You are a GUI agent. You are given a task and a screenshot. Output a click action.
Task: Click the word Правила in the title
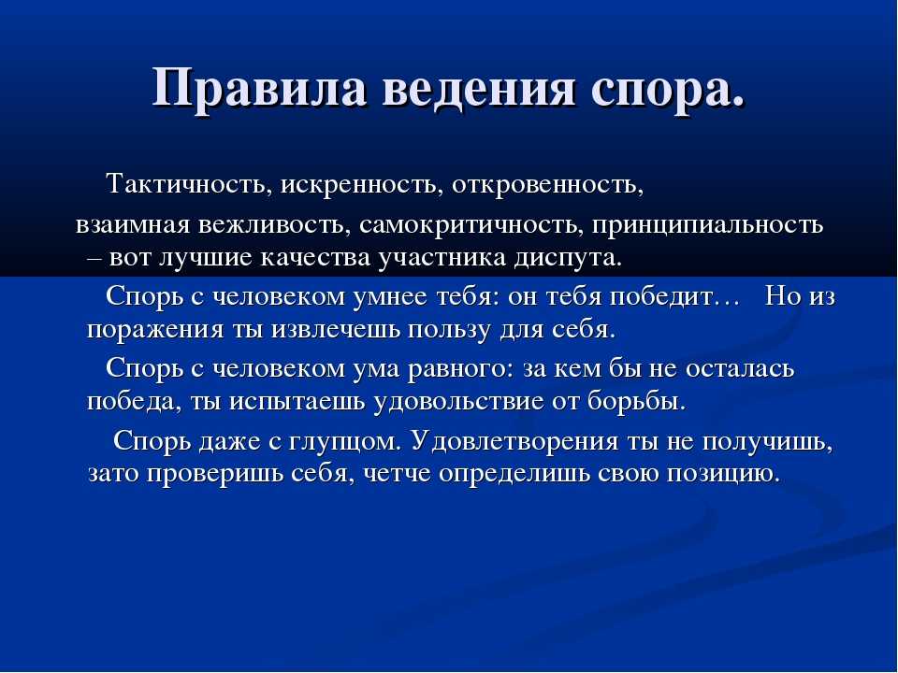point(259,88)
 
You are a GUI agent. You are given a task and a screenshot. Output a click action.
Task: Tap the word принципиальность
point(708,225)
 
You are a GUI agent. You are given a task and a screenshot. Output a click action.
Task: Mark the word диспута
point(567,258)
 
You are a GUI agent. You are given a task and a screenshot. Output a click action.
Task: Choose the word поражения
point(155,331)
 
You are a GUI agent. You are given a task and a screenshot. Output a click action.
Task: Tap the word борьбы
point(636,401)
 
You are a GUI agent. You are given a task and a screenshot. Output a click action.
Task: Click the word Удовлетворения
point(514,441)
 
